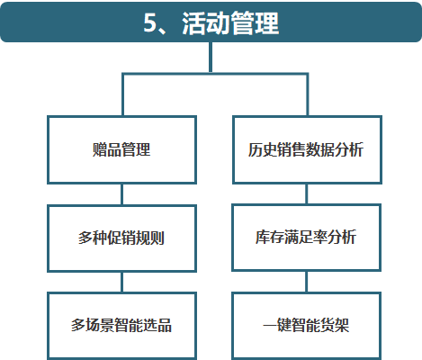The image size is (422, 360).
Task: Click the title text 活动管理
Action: tap(230, 23)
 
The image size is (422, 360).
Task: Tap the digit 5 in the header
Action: tap(150, 22)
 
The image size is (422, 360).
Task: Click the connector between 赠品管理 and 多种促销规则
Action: tap(121, 194)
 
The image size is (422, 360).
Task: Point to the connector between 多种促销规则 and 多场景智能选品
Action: tap(121, 283)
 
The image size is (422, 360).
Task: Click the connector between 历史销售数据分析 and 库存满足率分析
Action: tap(307, 194)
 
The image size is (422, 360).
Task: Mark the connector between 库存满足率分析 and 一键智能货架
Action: tap(307, 282)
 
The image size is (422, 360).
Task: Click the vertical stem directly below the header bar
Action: tap(211, 57)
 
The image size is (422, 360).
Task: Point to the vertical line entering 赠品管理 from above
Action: tap(123, 94)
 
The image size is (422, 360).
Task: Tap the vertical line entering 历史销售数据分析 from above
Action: tap(307, 94)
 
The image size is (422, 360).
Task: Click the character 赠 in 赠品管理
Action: tap(100, 149)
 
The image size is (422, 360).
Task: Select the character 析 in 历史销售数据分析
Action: tap(356, 149)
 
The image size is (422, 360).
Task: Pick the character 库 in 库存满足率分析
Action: tap(263, 237)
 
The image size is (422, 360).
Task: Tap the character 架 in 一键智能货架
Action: tap(342, 325)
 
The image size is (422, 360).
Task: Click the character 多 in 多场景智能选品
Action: tap(78, 325)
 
